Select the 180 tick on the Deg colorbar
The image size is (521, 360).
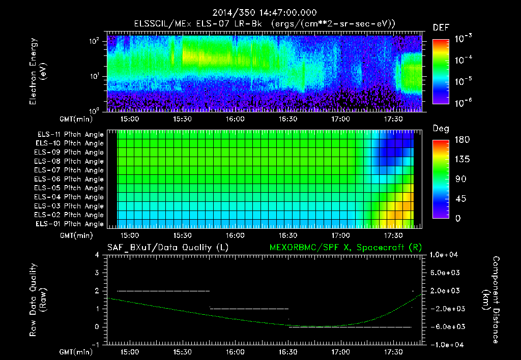[458, 140]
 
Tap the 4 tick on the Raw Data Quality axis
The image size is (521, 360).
[97, 255]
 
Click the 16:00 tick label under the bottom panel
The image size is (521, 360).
[235, 351]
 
